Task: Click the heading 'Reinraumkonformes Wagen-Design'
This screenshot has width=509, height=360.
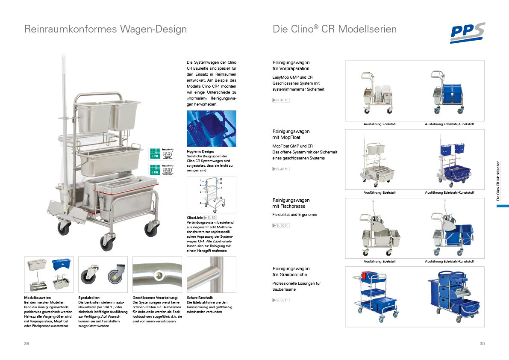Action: [x=106, y=29]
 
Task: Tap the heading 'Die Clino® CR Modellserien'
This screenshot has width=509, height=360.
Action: [x=334, y=29]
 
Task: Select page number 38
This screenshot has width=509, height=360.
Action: [x=27, y=344]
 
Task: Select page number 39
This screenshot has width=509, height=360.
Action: [x=482, y=344]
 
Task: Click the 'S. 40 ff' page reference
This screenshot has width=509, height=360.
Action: [x=281, y=100]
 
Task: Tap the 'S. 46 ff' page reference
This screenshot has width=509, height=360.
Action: [x=281, y=169]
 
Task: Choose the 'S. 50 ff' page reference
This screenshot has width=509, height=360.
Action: [x=281, y=225]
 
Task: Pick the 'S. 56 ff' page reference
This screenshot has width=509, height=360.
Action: [x=281, y=300]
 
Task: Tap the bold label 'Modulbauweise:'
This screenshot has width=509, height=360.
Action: [x=38, y=297]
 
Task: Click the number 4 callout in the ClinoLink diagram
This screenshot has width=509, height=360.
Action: [x=200, y=203]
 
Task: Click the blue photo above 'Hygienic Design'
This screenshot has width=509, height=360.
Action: [x=211, y=128]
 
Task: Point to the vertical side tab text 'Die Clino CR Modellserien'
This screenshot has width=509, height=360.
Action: [x=498, y=181]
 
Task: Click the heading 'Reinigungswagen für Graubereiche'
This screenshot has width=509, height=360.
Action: [x=291, y=271]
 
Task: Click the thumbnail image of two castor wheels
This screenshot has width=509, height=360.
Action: [x=103, y=274]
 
